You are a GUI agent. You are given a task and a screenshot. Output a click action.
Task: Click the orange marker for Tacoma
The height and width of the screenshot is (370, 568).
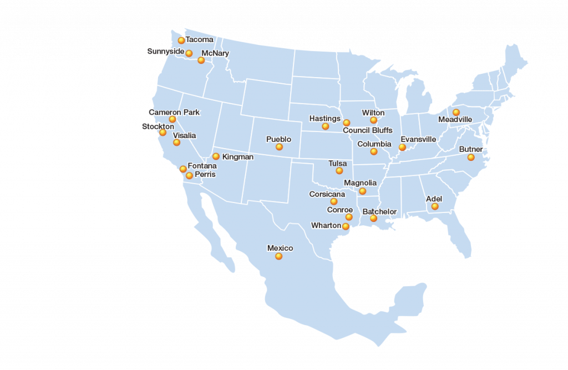click(x=181, y=40)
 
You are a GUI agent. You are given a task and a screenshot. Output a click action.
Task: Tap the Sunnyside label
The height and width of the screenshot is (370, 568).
click(x=165, y=52)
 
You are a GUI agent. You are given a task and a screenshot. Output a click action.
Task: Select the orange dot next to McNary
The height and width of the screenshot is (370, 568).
click(x=201, y=60)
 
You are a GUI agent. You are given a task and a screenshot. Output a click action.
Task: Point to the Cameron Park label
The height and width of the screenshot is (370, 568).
click(x=174, y=112)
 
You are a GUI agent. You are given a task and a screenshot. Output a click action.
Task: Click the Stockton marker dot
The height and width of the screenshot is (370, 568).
click(x=163, y=133)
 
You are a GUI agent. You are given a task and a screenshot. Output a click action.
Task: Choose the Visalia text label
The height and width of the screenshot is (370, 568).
click(x=184, y=135)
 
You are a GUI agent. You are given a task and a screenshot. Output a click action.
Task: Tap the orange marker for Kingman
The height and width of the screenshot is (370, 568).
click(x=216, y=156)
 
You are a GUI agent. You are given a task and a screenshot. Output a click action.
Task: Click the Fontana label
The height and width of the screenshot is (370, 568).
click(x=202, y=166)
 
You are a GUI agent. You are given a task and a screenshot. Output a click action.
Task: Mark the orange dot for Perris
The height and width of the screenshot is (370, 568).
click(x=189, y=175)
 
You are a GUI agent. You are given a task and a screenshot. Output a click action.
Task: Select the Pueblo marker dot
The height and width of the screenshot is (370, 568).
click(x=279, y=147)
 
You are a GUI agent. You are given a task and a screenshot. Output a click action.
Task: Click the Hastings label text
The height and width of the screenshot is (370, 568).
click(x=324, y=119)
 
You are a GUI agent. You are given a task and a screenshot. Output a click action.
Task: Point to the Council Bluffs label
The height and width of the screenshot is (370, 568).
click(x=367, y=130)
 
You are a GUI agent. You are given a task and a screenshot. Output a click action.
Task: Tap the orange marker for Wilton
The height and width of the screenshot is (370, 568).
click(x=373, y=120)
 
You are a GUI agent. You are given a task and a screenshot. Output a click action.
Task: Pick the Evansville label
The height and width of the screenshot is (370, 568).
click(x=418, y=139)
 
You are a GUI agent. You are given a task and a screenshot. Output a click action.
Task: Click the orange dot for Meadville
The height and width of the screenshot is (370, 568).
click(x=456, y=112)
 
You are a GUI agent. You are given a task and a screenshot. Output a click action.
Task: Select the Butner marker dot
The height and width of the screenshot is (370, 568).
click(x=471, y=158)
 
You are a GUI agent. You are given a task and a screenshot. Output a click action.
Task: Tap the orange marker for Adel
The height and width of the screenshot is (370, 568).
click(x=435, y=206)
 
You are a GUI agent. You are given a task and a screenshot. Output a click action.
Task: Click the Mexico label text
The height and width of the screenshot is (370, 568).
click(x=280, y=248)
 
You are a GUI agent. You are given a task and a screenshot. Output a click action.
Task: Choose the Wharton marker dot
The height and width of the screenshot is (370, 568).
click(x=346, y=226)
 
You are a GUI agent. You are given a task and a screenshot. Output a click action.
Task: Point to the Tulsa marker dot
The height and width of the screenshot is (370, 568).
click(x=339, y=171)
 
